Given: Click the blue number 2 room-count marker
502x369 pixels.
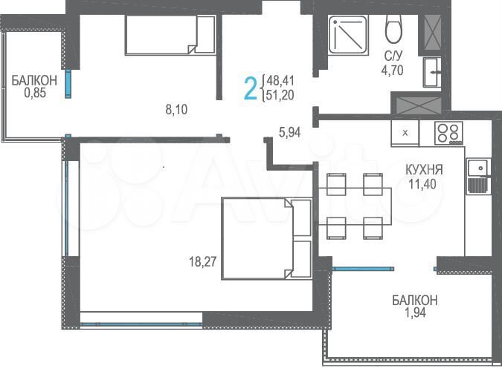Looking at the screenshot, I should point(251,88).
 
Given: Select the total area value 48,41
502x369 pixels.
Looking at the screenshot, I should point(277,80).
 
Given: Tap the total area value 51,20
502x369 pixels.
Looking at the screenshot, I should point(277,95).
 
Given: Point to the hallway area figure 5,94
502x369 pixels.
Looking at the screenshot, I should point(291,133).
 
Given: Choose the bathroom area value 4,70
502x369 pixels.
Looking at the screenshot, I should point(394,72).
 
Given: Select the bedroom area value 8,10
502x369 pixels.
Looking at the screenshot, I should point(176,110).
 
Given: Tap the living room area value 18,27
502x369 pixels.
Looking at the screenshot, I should point(204,261).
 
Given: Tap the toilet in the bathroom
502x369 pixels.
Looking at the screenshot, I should point(393,30).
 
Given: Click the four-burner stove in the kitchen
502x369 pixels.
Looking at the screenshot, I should point(448,132).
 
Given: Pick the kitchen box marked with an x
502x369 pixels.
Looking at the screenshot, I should point(405,133).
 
